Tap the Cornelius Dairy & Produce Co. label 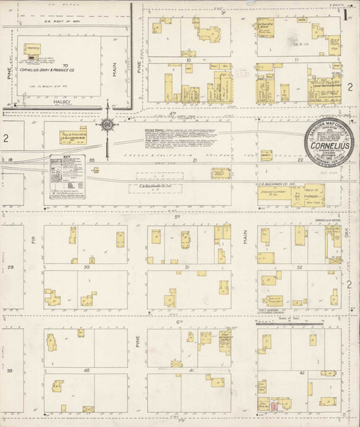(48, 70)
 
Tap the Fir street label (29, 241)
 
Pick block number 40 (86, 370)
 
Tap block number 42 (302, 372)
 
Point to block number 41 (191, 371)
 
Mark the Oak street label (349, 242)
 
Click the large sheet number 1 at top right (346, 14)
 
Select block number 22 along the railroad (300, 161)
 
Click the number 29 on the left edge (10, 267)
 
